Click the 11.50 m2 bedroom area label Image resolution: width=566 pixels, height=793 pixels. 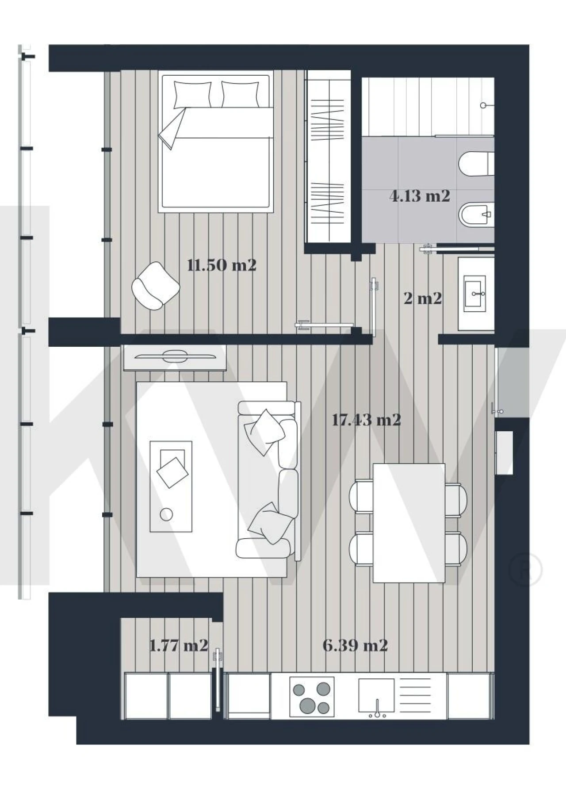tap(222, 265)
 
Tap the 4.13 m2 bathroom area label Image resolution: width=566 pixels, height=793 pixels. tap(420, 196)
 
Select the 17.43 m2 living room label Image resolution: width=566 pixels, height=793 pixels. tap(366, 420)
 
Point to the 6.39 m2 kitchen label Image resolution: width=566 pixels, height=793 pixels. tap(355, 645)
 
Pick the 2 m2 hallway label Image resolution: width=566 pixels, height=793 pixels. tap(423, 299)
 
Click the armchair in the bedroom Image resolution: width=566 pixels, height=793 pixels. tap(155, 286)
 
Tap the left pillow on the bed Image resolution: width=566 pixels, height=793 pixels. tap(192, 94)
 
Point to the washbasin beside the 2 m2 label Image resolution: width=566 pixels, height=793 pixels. tap(475, 292)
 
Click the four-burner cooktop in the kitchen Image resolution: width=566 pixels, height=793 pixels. tap(312, 697)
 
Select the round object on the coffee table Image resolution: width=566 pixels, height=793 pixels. tap(167, 514)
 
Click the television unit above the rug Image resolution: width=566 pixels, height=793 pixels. tap(175, 357)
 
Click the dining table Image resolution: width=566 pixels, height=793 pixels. tap(409, 523)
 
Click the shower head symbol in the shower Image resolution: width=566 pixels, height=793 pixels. tap(484, 105)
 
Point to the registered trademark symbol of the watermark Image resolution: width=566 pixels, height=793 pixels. tap(525, 570)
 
